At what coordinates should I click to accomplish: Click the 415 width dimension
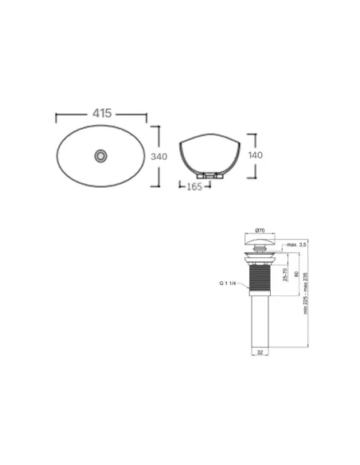click(101, 115)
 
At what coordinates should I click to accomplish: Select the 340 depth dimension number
click(158, 157)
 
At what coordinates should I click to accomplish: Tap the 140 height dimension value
click(256, 155)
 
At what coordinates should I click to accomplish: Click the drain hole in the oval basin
click(101, 156)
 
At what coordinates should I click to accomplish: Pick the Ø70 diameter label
click(260, 231)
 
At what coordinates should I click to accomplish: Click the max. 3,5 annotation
click(296, 245)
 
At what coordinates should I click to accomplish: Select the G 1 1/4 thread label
click(229, 283)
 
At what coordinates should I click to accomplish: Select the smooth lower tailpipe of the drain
click(260, 319)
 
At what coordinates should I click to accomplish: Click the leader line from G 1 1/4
click(243, 283)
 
